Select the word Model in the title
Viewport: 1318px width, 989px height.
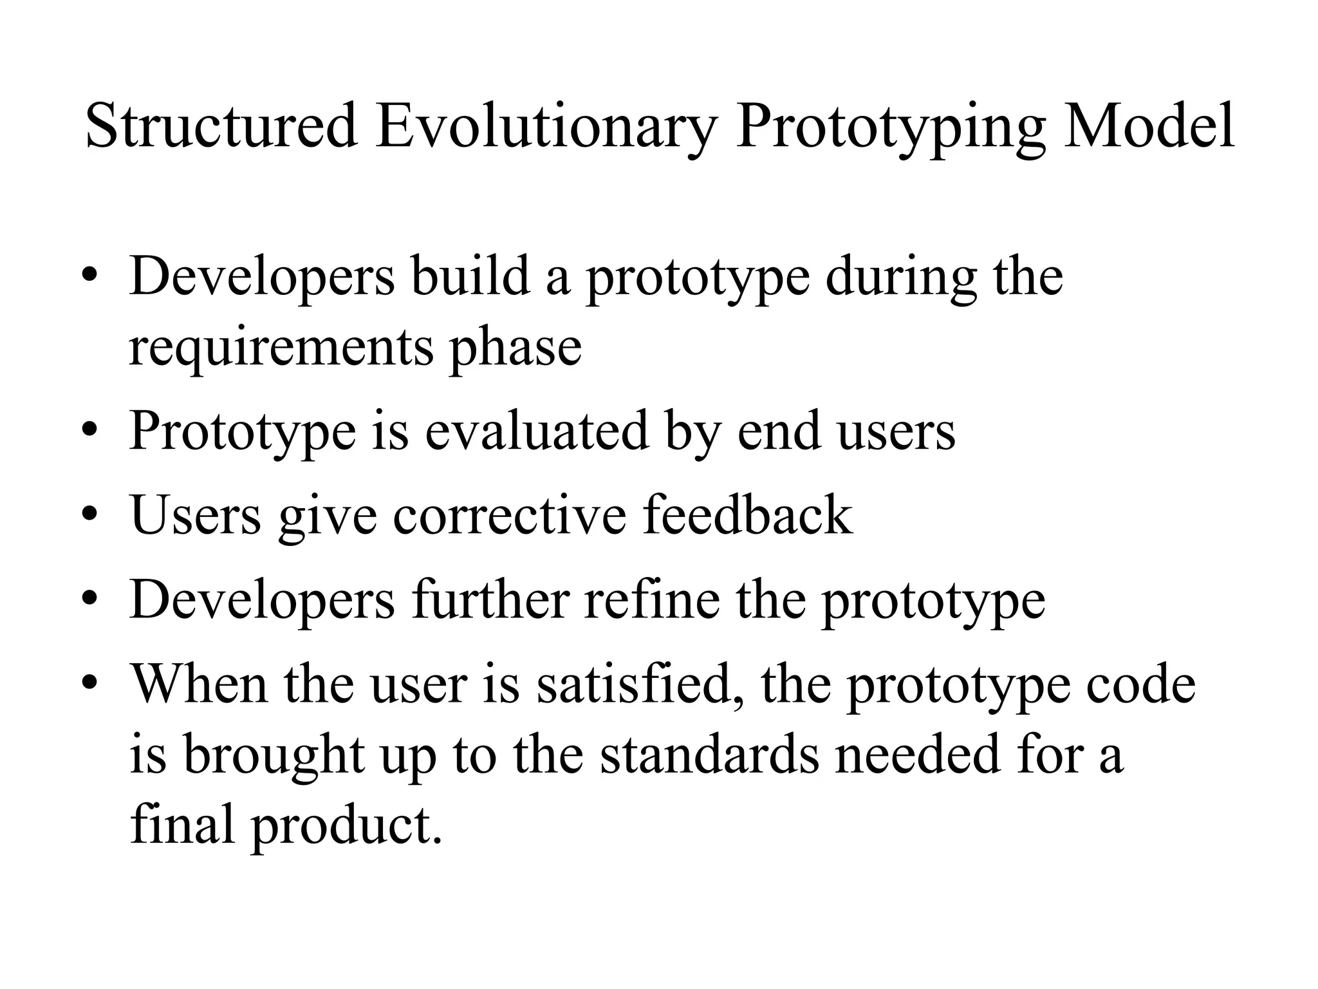tap(1148, 125)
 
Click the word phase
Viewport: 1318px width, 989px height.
tap(515, 346)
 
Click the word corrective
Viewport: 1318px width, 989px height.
tap(509, 515)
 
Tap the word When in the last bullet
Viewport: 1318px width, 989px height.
tap(199, 684)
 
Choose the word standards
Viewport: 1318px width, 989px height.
tap(709, 755)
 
